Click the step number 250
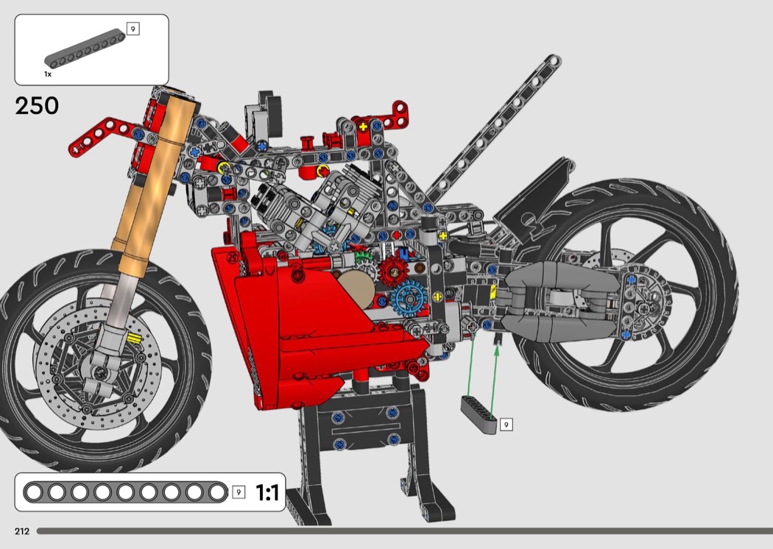tap(37, 105)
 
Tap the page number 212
tap(22, 531)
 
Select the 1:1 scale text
tap(267, 492)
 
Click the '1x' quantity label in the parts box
tap(48, 74)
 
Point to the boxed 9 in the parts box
tap(133, 29)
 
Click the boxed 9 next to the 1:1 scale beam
tap(239, 492)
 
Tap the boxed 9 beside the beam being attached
tap(506, 425)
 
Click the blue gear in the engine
tap(409, 299)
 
